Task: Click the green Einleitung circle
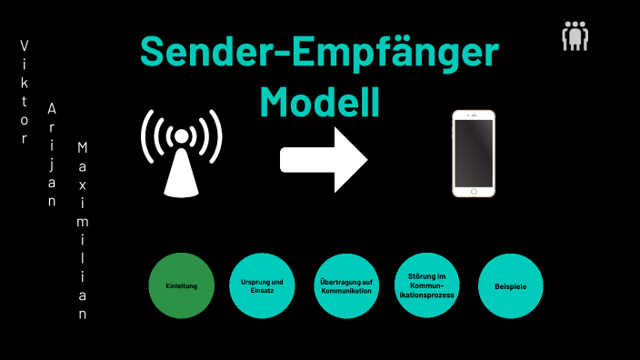(183, 285)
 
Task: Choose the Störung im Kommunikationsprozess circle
(426, 285)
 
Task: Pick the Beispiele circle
(510, 285)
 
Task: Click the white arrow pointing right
(323, 159)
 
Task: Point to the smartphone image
(474, 154)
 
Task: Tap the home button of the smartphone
(474, 191)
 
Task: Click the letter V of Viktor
(25, 45)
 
